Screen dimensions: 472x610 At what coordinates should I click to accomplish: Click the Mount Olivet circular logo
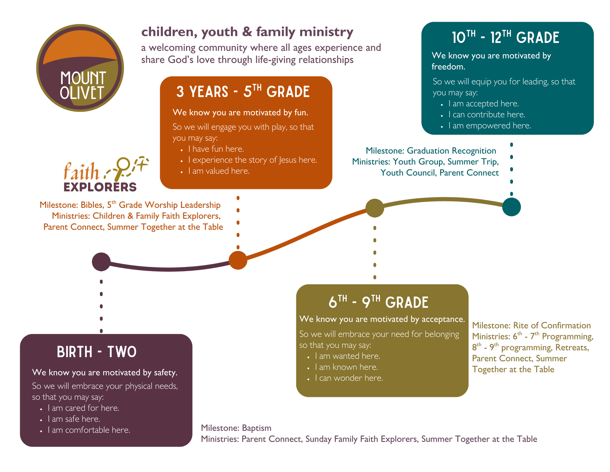coord(80,68)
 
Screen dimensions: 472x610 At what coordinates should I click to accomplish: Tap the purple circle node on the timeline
coord(101,262)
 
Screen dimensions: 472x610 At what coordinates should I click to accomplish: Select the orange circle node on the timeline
coord(238,260)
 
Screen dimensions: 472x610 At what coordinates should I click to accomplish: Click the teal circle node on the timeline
coord(511,207)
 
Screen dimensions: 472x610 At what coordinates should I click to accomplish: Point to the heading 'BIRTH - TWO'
coord(97,352)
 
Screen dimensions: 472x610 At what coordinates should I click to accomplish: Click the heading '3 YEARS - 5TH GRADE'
coord(243,92)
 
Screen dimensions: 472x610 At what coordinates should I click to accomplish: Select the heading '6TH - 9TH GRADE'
coord(378,302)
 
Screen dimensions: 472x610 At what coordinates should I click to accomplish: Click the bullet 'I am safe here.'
coord(74,419)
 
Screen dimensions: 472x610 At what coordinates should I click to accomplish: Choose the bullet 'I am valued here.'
coord(219,171)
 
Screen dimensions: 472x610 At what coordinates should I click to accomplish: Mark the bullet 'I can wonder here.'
coord(349,378)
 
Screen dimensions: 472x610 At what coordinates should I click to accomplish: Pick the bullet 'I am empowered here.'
coord(490,126)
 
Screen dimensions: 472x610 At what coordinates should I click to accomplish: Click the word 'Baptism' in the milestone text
coord(257,428)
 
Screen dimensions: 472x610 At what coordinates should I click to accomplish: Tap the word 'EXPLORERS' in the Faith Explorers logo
coord(100,187)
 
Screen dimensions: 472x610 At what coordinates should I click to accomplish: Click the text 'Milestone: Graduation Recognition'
coord(431,151)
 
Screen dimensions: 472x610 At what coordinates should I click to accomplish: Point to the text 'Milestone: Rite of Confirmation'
coord(531,325)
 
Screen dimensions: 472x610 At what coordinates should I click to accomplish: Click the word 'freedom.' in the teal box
coord(448,66)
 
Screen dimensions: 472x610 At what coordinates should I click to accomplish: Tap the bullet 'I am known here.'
coord(346,367)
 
